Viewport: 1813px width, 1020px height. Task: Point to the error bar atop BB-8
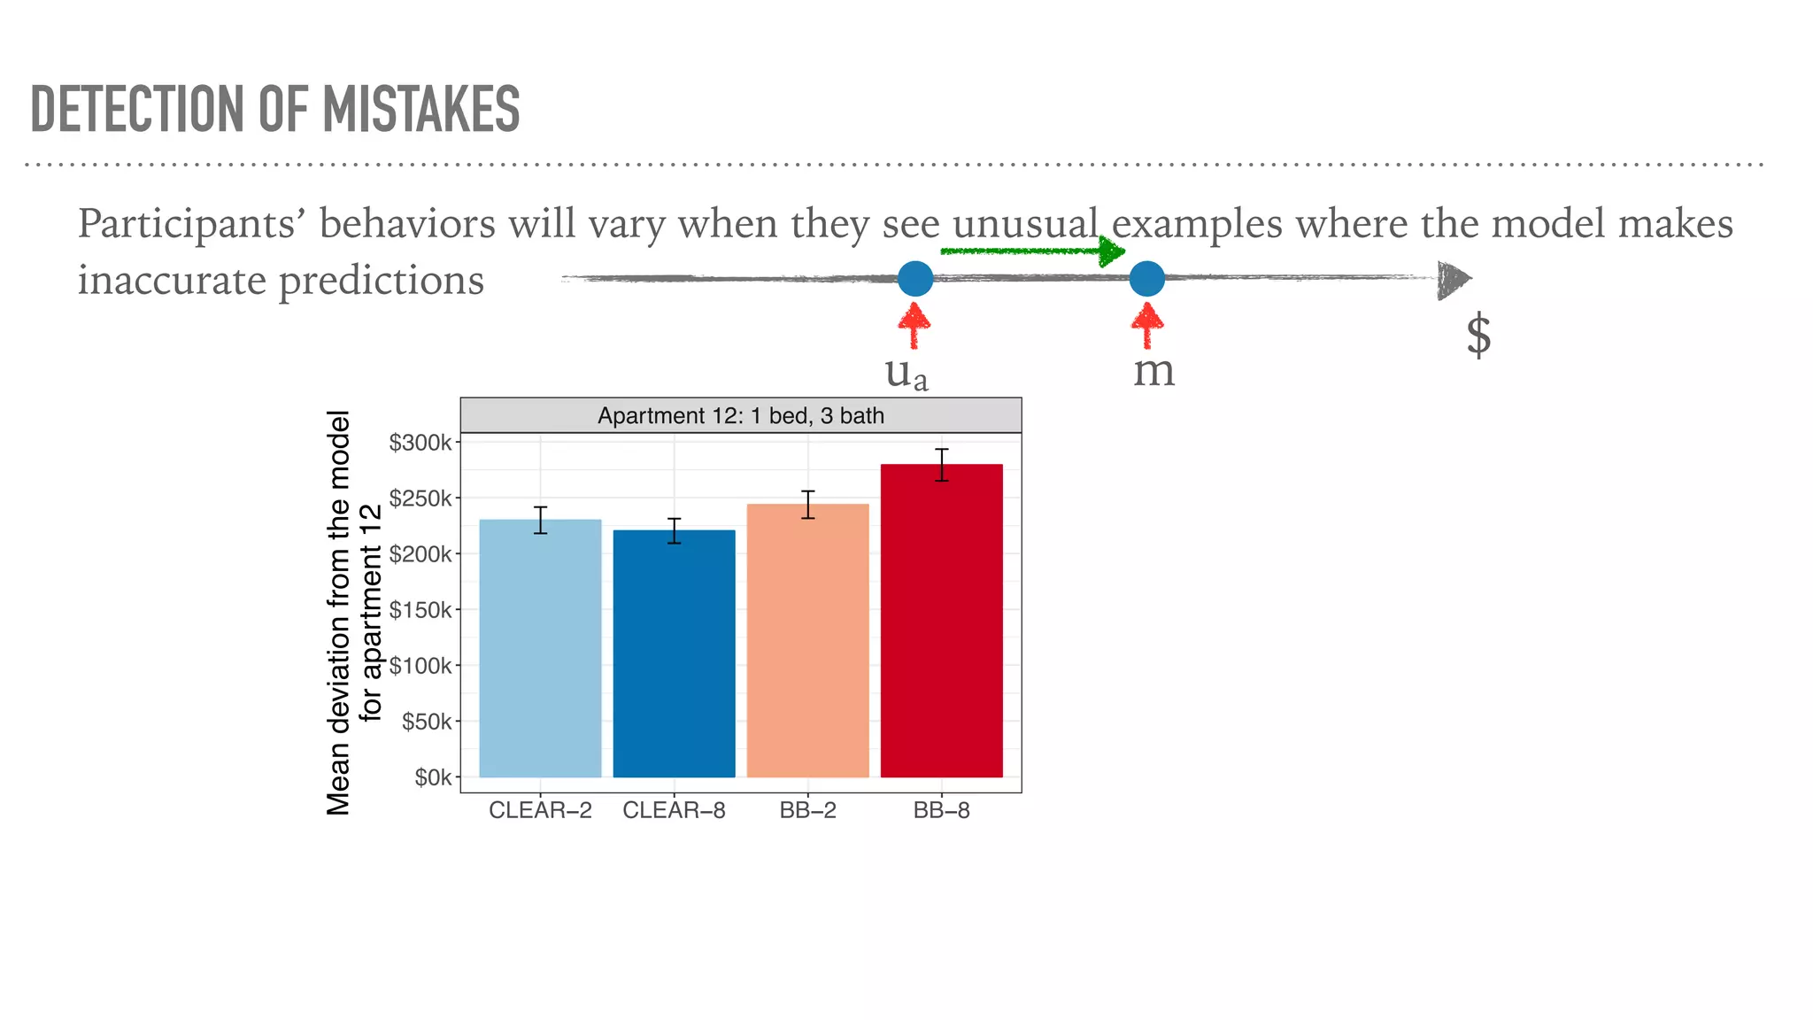pyautogui.click(x=942, y=465)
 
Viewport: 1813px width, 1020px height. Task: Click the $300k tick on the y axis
pyautogui.click(x=420, y=443)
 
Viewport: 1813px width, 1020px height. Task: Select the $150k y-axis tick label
pyautogui.click(x=420, y=610)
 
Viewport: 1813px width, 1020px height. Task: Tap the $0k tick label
pyautogui.click(x=432, y=777)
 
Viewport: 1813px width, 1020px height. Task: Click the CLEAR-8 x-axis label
pyautogui.click(x=674, y=810)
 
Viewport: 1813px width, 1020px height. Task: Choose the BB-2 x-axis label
pyautogui.click(x=807, y=810)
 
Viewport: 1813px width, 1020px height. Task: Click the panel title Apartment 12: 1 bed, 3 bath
pyautogui.click(x=740, y=415)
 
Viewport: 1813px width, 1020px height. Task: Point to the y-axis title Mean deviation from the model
pyautogui.click(x=339, y=611)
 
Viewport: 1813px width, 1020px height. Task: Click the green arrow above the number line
pyautogui.click(x=1031, y=251)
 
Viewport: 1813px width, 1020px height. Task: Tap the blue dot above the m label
pyautogui.click(x=1146, y=278)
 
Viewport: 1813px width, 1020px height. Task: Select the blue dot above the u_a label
pyautogui.click(x=915, y=278)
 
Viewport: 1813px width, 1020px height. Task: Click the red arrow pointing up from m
pyautogui.click(x=1147, y=325)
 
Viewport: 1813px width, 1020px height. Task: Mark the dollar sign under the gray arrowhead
pyautogui.click(x=1478, y=336)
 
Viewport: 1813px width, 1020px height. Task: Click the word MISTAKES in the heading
pyautogui.click(x=420, y=110)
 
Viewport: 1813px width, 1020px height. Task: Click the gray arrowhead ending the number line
pyautogui.click(x=1453, y=280)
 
